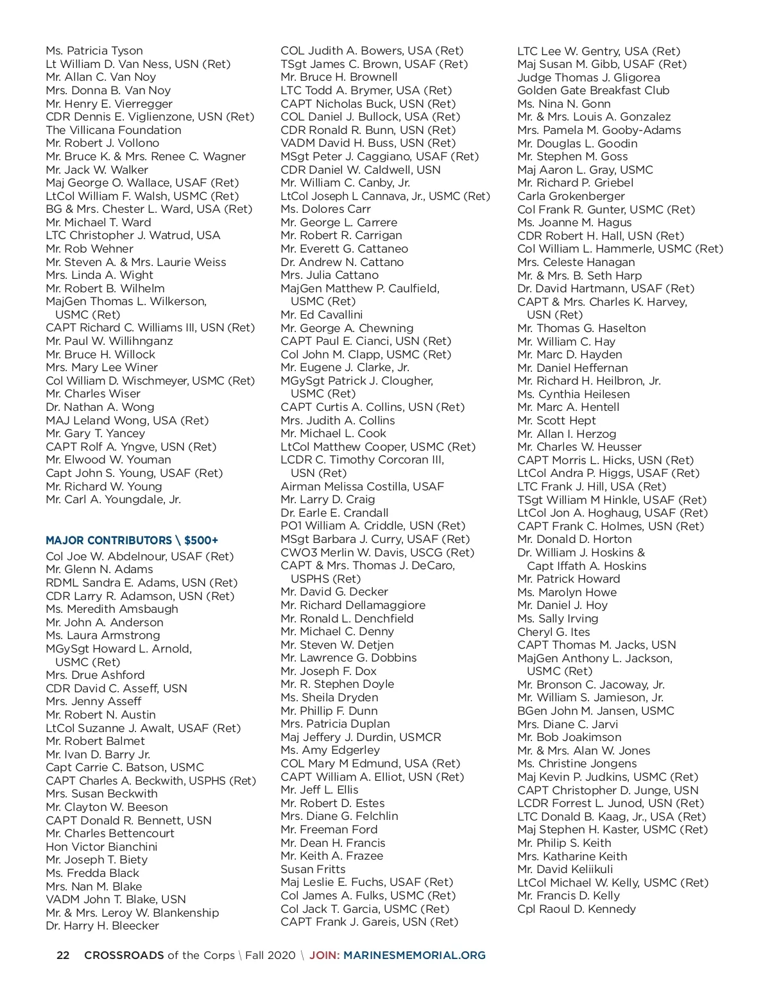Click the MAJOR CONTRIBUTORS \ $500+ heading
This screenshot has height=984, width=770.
pyautogui.click(x=132, y=540)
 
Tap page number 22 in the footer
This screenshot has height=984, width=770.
pyautogui.click(x=63, y=955)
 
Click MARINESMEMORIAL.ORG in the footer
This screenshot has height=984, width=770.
pyautogui.click(x=415, y=955)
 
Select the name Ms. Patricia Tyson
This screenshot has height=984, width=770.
pyautogui.click(x=94, y=51)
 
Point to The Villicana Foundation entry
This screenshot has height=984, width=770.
pyautogui.click(x=114, y=130)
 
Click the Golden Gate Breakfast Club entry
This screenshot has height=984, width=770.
pyautogui.click(x=593, y=90)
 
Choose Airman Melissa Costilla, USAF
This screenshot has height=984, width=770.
pyautogui.click(x=362, y=487)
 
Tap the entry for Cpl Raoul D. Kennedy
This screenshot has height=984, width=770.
pyautogui.click(x=576, y=909)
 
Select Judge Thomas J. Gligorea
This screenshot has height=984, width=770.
pyautogui.click(x=588, y=78)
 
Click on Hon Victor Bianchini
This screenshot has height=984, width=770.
pyautogui.click(x=101, y=847)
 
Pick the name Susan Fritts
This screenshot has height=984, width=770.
pyautogui.click(x=312, y=869)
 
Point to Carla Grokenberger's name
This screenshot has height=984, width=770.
pyautogui.click(x=570, y=196)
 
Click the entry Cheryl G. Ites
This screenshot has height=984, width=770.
pyautogui.click(x=553, y=632)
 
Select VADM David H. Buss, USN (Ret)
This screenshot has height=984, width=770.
pyautogui.click(x=368, y=143)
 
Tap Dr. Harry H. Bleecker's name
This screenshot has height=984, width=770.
pyautogui.click(x=102, y=926)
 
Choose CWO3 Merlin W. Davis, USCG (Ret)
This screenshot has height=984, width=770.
pyautogui.click(x=377, y=553)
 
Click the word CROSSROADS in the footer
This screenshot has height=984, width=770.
pyautogui.click(x=124, y=955)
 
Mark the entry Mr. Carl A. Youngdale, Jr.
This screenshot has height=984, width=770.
pyautogui.click(x=113, y=499)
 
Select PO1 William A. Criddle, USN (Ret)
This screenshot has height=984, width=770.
pyautogui.click(x=373, y=526)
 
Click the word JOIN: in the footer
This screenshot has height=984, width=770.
pyautogui.click(x=324, y=955)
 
